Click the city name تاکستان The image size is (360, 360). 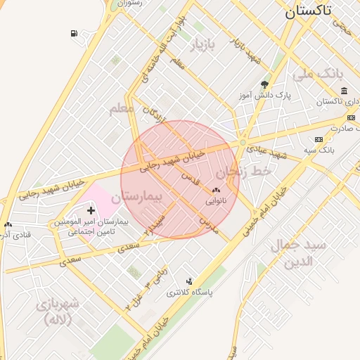pos(319,11)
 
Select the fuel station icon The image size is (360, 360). pos(74,34)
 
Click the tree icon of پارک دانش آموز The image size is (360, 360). pos(264,84)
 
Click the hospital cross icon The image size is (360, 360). pos(91,210)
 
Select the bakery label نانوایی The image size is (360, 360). pos(216,201)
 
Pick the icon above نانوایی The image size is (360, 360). pos(216,190)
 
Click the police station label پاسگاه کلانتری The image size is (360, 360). pos(189,292)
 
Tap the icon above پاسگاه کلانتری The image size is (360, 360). pos(188,281)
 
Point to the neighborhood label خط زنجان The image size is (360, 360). pos(243,169)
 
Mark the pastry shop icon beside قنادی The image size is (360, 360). pos(8,224)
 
